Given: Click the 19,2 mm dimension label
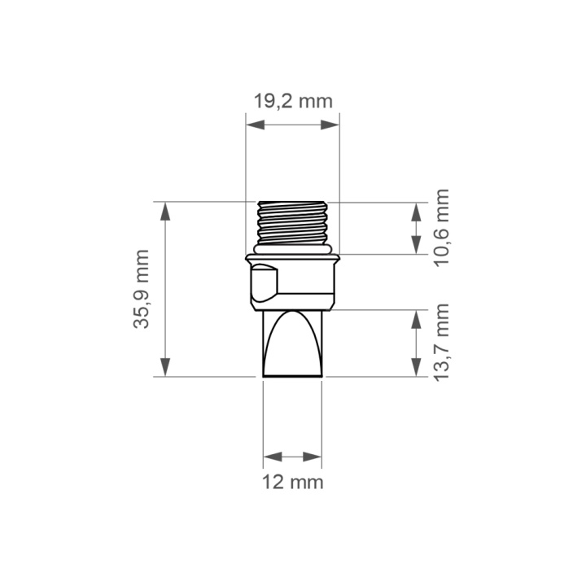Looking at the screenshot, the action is [293, 102].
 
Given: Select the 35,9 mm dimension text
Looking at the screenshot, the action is [142, 289].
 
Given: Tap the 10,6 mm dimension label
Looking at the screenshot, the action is [441, 228].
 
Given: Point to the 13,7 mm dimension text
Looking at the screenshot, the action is [441, 343].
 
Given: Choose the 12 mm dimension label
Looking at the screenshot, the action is [293, 482].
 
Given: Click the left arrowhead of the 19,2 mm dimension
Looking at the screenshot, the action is [256, 125].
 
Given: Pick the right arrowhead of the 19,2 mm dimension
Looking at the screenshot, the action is [330, 125].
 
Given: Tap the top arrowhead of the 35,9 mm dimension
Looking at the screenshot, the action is [165, 211].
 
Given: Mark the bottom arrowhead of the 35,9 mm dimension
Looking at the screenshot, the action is [165, 367].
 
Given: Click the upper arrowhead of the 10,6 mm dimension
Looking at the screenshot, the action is [416, 212].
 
